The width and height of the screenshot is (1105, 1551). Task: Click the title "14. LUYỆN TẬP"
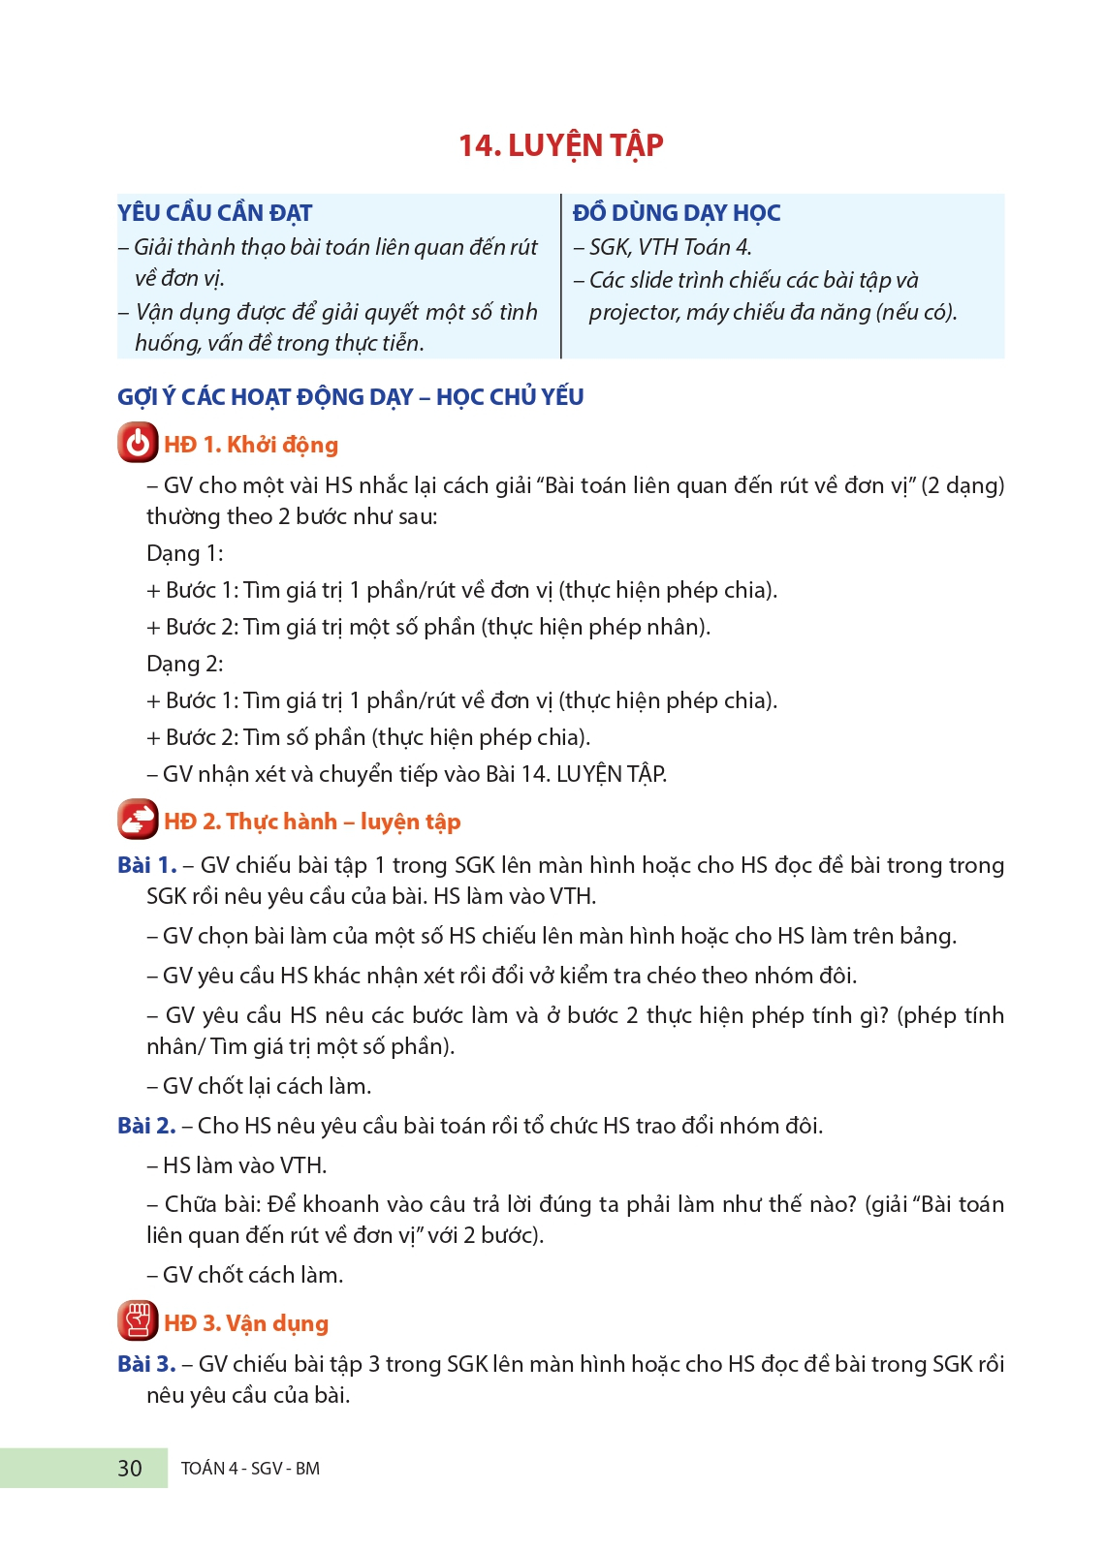click(560, 145)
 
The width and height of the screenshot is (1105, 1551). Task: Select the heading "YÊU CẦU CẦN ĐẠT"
click(214, 213)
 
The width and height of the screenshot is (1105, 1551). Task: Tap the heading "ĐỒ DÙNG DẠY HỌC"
click(676, 213)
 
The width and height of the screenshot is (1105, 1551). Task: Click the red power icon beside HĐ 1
click(138, 444)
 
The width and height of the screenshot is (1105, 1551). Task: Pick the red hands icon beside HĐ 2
click(138, 821)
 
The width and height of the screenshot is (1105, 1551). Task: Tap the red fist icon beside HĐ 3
click(138, 1321)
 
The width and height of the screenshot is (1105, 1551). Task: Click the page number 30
click(130, 1469)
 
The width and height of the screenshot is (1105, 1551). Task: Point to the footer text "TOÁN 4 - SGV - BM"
click(250, 1469)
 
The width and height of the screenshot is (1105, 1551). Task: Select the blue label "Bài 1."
click(146, 865)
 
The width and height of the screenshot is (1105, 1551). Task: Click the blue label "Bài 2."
click(146, 1126)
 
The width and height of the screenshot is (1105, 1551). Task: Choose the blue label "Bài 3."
click(146, 1364)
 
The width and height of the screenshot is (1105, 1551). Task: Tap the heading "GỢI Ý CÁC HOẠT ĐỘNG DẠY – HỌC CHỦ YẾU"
click(350, 397)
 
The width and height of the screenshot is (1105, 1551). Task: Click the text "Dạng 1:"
click(184, 554)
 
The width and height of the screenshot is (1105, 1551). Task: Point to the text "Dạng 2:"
click(184, 665)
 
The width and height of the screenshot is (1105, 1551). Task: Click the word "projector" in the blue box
click(633, 313)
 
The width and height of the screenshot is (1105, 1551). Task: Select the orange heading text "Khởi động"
click(282, 445)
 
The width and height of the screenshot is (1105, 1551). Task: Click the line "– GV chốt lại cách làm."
click(259, 1086)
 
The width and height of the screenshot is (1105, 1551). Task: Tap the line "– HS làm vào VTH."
click(237, 1165)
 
